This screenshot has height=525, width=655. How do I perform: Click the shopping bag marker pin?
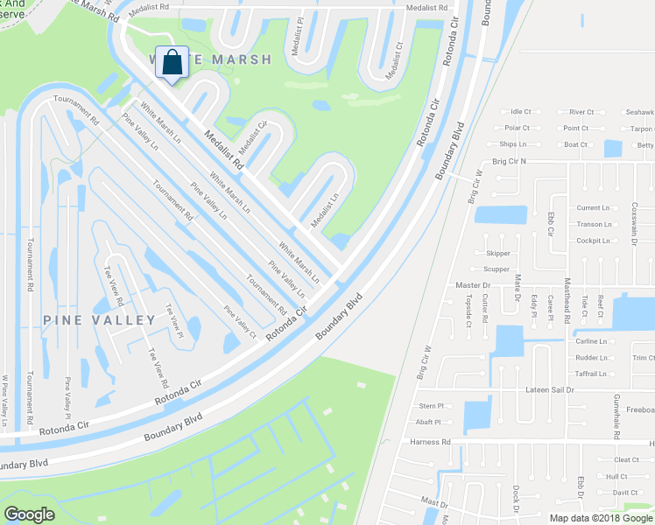tap(173, 63)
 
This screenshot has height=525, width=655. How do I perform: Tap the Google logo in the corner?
tap(29, 514)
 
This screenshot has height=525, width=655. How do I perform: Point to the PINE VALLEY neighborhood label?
tap(99, 320)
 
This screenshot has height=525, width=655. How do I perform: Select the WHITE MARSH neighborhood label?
tap(210, 59)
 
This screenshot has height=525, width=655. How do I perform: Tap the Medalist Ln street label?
tap(323, 210)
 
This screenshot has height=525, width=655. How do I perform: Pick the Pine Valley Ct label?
tap(240, 322)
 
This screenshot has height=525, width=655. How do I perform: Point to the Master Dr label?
tap(473, 285)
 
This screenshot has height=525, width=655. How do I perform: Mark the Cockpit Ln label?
tap(593, 240)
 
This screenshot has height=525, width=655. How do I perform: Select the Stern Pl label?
tap(432, 406)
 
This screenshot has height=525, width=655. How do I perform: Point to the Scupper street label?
tap(496, 269)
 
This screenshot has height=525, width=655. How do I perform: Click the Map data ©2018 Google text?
tap(600, 517)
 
